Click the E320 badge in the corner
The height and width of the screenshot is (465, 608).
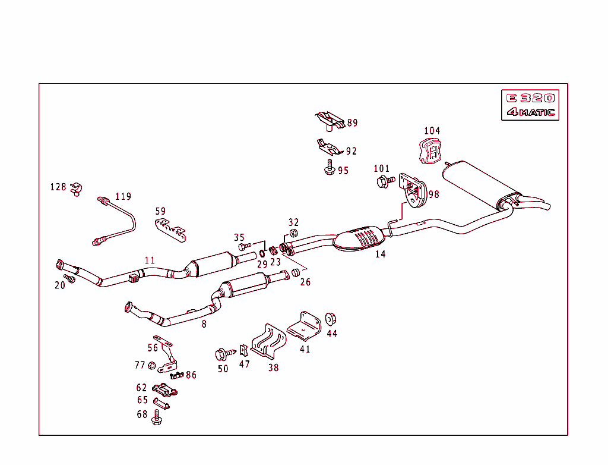pos(530,98)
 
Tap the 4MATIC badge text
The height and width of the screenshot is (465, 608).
pos(530,112)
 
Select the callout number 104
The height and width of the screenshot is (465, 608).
pos(432,131)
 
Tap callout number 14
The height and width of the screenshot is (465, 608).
pos(380,255)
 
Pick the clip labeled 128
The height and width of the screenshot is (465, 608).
pos(75,190)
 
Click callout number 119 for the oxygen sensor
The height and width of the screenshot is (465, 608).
pos(123,197)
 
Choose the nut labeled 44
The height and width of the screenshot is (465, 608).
pos(331,319)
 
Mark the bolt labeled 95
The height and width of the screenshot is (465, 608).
pos(330,169)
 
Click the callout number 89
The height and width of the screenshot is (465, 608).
pos(352,123)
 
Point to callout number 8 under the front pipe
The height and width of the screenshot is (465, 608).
pos(204,325)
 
